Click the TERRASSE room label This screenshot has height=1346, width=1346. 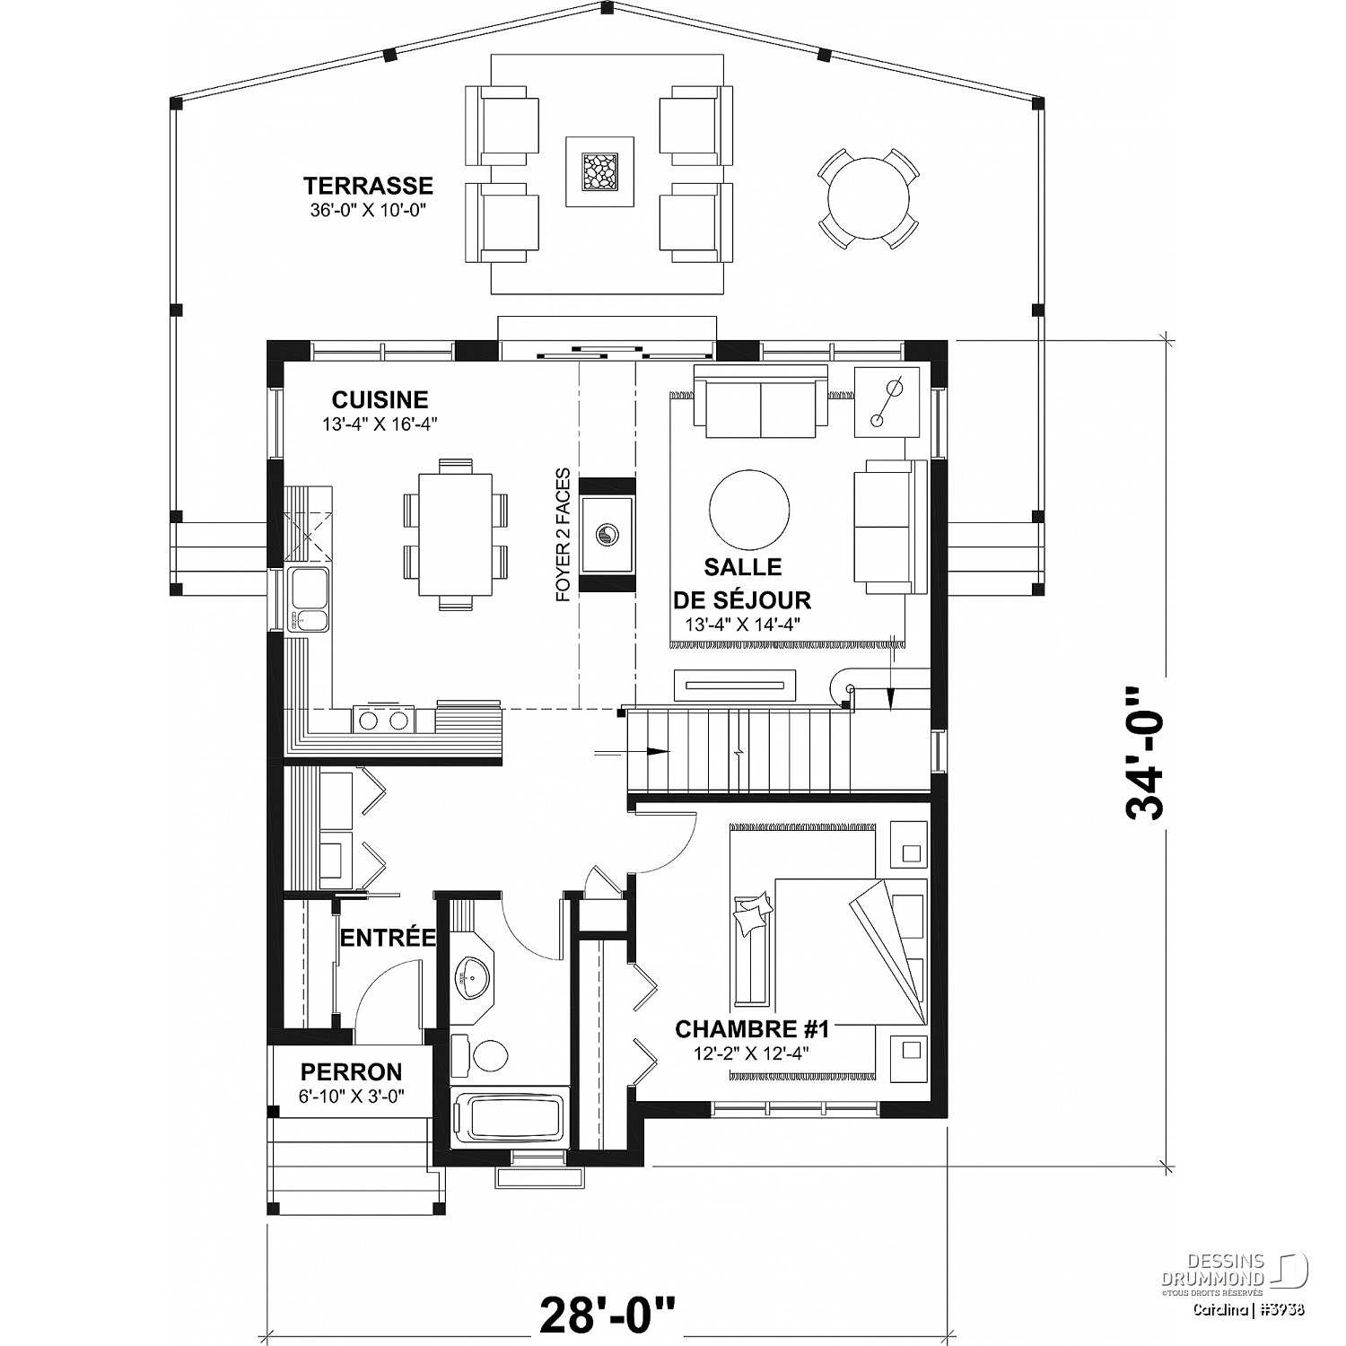[368, 186]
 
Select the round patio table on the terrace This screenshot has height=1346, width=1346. [869, 197]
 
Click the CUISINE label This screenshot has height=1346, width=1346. [380, 399]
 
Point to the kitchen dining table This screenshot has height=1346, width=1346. [456, 535]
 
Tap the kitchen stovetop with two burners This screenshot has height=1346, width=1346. [384, 719]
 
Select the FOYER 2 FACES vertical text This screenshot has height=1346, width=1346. [563, 535]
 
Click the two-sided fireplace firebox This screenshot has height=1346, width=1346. [607, 535]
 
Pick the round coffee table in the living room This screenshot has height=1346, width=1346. [749, 510]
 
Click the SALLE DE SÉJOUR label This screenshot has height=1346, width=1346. [742, 583]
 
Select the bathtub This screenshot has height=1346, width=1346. [509, 1117]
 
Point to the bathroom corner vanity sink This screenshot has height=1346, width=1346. [471, 976]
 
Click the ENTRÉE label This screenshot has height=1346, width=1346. [388, 939]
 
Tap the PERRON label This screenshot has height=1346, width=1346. [351, 1072]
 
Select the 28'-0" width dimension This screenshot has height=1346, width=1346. [607, 1315]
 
